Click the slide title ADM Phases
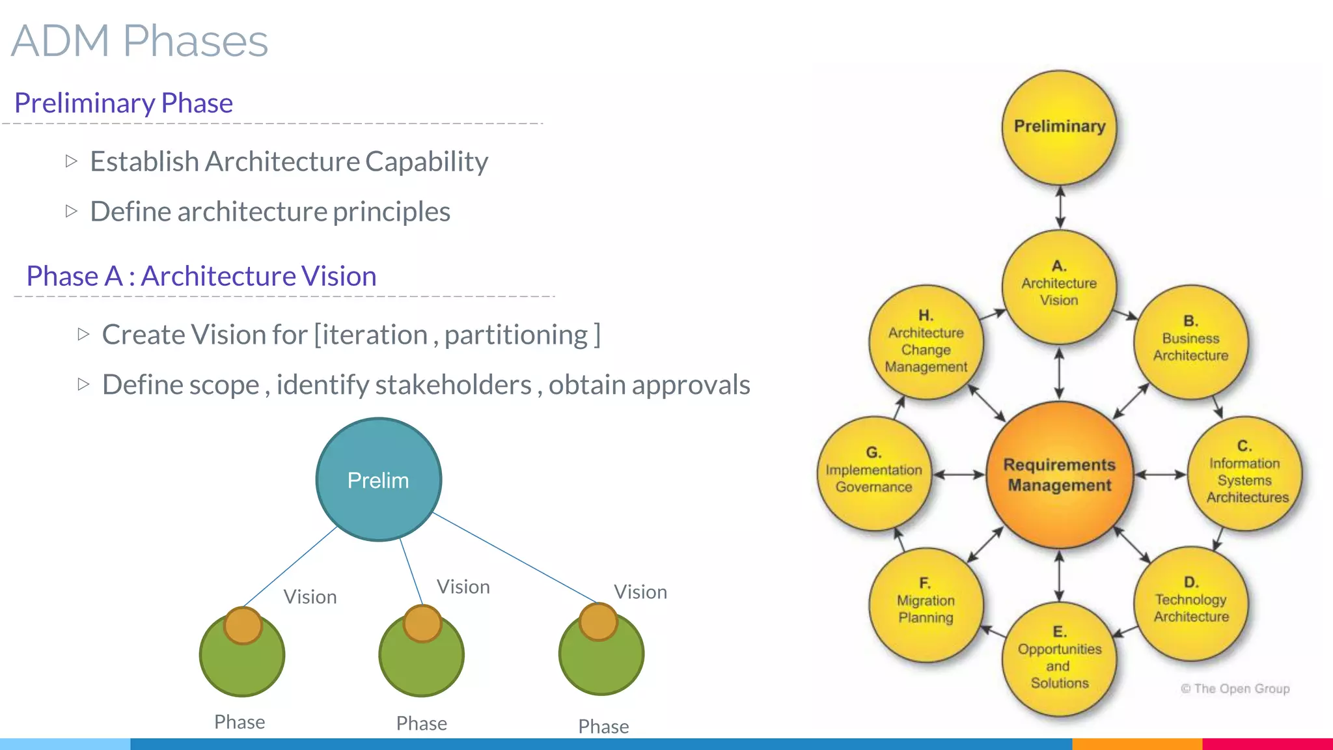(x=139, y=41)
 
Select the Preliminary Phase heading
(x=124, y=103)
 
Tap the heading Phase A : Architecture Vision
(x=201, y=276)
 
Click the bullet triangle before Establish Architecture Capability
(x=72, y=161)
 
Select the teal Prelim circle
(x=378, y=480)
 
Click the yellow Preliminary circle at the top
(x=1059, y=126)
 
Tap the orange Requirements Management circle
(x=1059, y=475)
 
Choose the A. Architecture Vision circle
(x=1059, y=286)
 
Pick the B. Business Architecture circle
(x=1190, y=342)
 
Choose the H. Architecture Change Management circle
(x=926, y=342)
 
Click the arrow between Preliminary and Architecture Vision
(x=1060, y=207)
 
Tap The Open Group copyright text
(x=1235, y=688)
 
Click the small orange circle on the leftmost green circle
(x=243, y=626)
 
